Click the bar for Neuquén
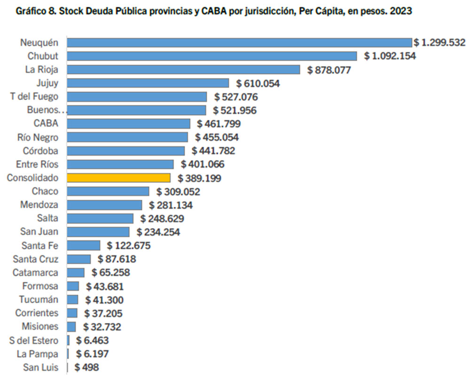point(239,43)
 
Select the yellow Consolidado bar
point(118,178)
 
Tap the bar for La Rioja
point(183,70)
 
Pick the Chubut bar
point(212,56)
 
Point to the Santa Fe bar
point(84,245)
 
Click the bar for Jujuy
point(148,83)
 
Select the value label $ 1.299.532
point(436,43)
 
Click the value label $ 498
point(86,368)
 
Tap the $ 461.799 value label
point(216,124)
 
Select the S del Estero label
point(37,340)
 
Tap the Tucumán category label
point(39,299)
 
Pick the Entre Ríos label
point(37,165)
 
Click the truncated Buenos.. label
point(45,110)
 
